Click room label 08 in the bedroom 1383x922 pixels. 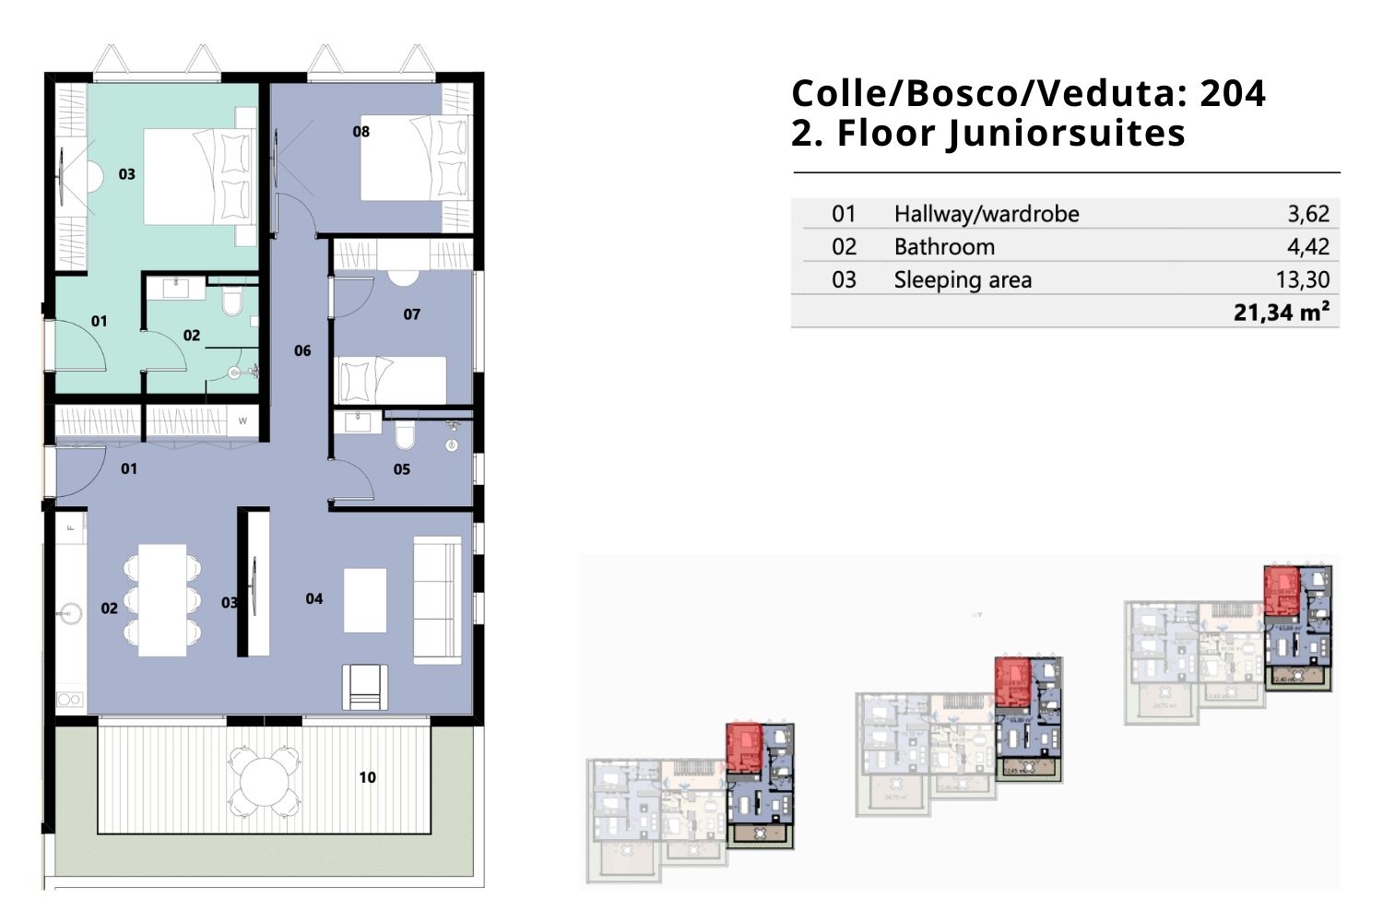pos(361,132)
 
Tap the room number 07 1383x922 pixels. pos(411,314)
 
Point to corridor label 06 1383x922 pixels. pos(302,350)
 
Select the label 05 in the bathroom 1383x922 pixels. pos(401,469)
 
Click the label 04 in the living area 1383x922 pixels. pos(314,599)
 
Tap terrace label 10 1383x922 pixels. pos(367,777)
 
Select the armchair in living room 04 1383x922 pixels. pos(366,687)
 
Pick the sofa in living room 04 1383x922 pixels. pos(437,600)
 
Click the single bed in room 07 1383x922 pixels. pos(391,380)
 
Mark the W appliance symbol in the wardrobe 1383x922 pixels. pos(243,421)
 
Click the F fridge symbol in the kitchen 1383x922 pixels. pos(70,528)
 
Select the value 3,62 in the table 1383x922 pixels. pos(1308,214)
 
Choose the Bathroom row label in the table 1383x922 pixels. pos(944,247)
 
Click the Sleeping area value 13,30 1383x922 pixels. pos(1303,280)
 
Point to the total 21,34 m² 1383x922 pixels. pos(1282,313)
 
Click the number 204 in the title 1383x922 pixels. pos(1233,93)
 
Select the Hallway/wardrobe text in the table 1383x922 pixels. pos(987,214)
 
